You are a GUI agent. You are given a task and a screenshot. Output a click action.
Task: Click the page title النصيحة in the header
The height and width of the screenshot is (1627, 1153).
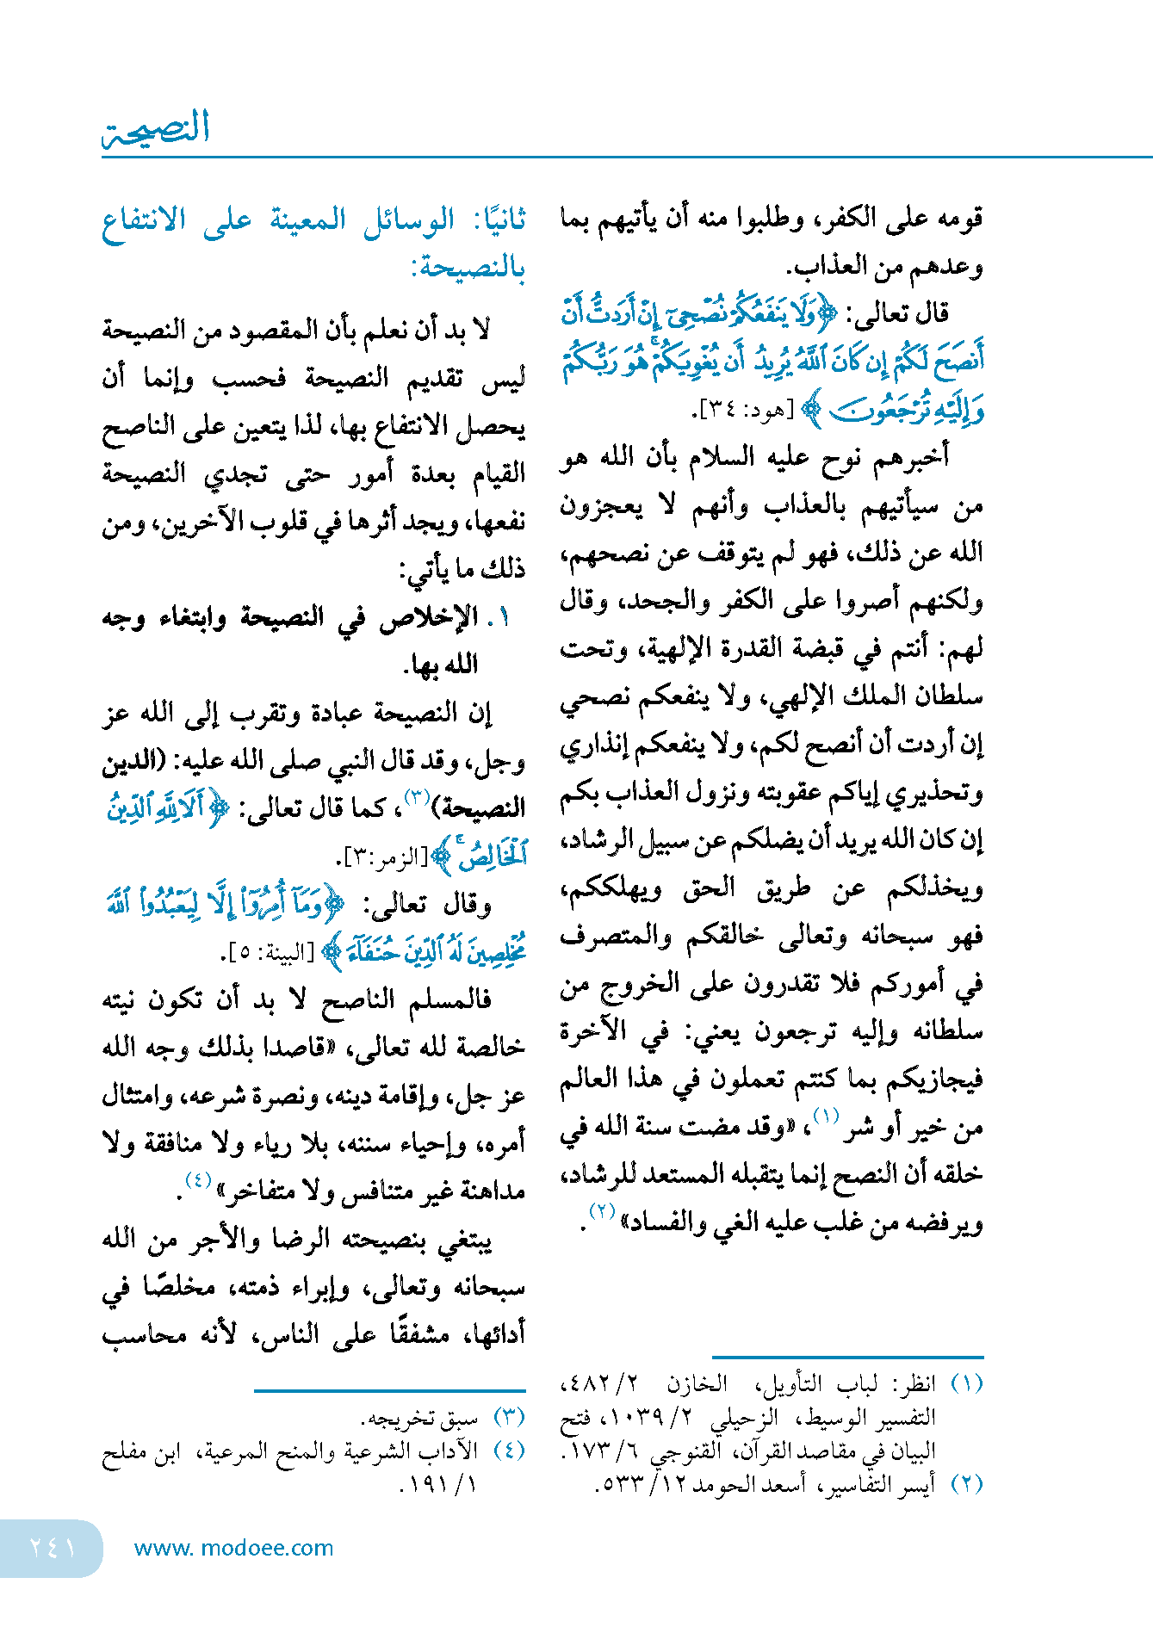pyautogui.click(x=156, y=128)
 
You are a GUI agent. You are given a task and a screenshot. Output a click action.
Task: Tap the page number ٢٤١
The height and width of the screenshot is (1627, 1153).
pyautogui.click(x=52, y=1547)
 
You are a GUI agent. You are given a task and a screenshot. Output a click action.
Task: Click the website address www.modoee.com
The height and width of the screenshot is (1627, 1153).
pyautogui.click(x=233, y=1548)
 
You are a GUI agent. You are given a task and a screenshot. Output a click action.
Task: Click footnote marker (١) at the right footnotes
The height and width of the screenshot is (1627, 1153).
pyautogui.click(x=966, y=1384)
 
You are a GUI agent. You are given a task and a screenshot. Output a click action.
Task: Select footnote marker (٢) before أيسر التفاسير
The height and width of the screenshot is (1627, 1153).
pyautogui.click(x=966, y=1484)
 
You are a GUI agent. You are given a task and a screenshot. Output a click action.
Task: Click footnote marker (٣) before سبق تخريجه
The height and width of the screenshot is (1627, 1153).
pyautogui.click(x=509, y=1417)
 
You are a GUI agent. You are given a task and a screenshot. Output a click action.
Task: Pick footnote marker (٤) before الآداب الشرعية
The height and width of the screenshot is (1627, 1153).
pyautogui.click(x=509, y=1451)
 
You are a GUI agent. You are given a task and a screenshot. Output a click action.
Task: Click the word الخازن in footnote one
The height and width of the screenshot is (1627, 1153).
pyautogui.click(x=697, y=1384)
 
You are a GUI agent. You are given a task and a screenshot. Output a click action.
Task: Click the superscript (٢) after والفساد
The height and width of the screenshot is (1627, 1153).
pyautogui.click(x=601, y=1212)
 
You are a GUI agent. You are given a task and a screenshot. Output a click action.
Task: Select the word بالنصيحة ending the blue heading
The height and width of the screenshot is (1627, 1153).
pyautogui.click(x=469, y=269)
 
